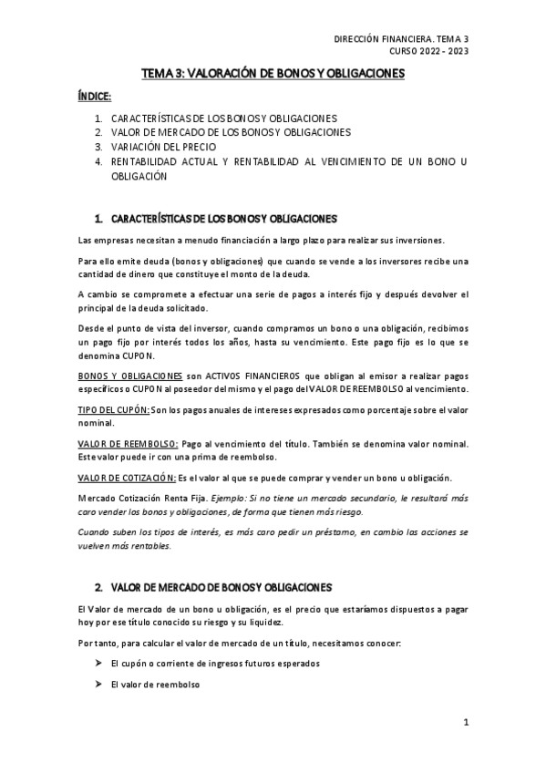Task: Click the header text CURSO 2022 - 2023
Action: pos(428,51)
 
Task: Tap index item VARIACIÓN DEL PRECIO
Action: pos(168,147)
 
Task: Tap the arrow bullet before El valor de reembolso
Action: pos(96,684)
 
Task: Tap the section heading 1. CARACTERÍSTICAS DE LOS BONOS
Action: pos(215,219)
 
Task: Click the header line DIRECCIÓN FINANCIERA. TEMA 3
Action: pos(401,38)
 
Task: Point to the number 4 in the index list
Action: pos(98,161)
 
